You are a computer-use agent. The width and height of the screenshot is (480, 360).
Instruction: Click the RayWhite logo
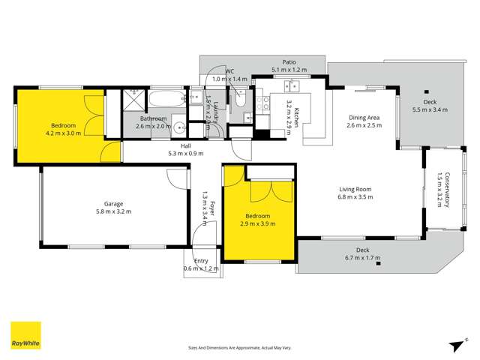coord(25,335)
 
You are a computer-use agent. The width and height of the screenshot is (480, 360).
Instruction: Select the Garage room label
coord(113,207)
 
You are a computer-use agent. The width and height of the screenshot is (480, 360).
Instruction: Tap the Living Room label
coord(355,193)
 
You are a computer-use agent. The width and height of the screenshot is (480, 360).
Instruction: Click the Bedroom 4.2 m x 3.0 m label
coord(63,129)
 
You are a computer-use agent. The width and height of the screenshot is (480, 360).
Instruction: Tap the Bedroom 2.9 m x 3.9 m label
coord(258,219)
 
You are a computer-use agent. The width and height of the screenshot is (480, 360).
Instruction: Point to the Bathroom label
coord(155,122)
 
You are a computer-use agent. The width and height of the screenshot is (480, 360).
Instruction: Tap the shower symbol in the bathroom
coord(133,97)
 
